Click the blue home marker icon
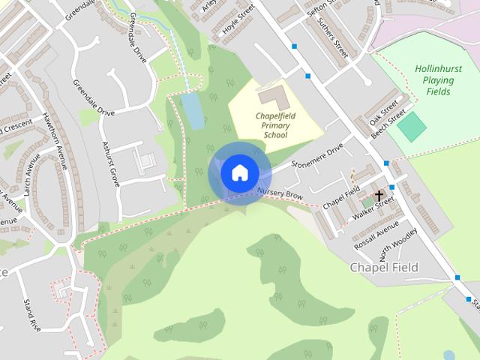[239, 172]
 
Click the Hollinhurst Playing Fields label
[438, 80]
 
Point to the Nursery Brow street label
[280, 194]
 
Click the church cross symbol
[379, 195]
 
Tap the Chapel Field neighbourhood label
[384, 267]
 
